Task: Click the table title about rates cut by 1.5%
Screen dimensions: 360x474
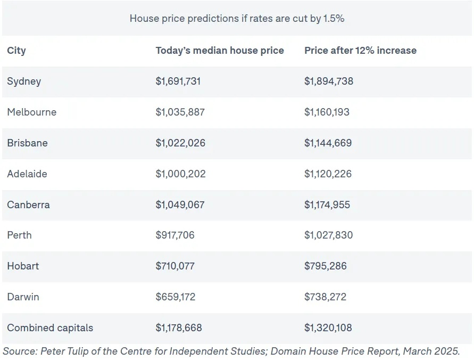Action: click(x=237, y=18)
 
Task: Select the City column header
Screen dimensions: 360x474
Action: click(x=16, y=51)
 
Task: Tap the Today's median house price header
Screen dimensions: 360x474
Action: click(x=220, y=51)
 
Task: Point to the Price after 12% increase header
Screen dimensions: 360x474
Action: click(x=360, y=51)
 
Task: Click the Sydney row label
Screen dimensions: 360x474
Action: click(x=24, y=81)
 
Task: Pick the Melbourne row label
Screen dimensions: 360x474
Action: click(x=31, y=112)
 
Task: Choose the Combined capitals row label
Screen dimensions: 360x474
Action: click(x=50, y=328)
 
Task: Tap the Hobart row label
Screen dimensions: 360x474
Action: click(x=23, y=266)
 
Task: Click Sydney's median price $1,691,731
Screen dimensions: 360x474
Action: click(x=178, y=81)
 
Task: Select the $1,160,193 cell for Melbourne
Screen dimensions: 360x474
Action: click(x=327, y=112)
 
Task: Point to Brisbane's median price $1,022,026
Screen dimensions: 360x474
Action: click(x=180, y=143)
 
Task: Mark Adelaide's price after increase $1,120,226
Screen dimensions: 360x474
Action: click(x=328, y=174)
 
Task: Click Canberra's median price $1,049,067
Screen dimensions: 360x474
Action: click(x=180, y=205)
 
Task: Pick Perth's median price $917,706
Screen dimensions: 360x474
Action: click(x=175, y=235)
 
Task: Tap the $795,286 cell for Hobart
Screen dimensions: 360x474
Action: click(x=326, y=266)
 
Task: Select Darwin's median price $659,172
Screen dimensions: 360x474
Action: click(x=175, y=297)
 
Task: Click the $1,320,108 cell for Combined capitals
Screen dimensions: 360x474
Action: click(x=328, y=328)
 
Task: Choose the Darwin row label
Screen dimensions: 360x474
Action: click(x=23, y=297)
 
